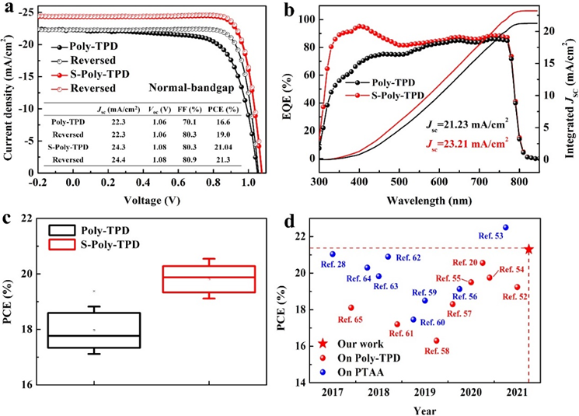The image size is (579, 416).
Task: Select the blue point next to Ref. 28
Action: [x=333, y=254]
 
